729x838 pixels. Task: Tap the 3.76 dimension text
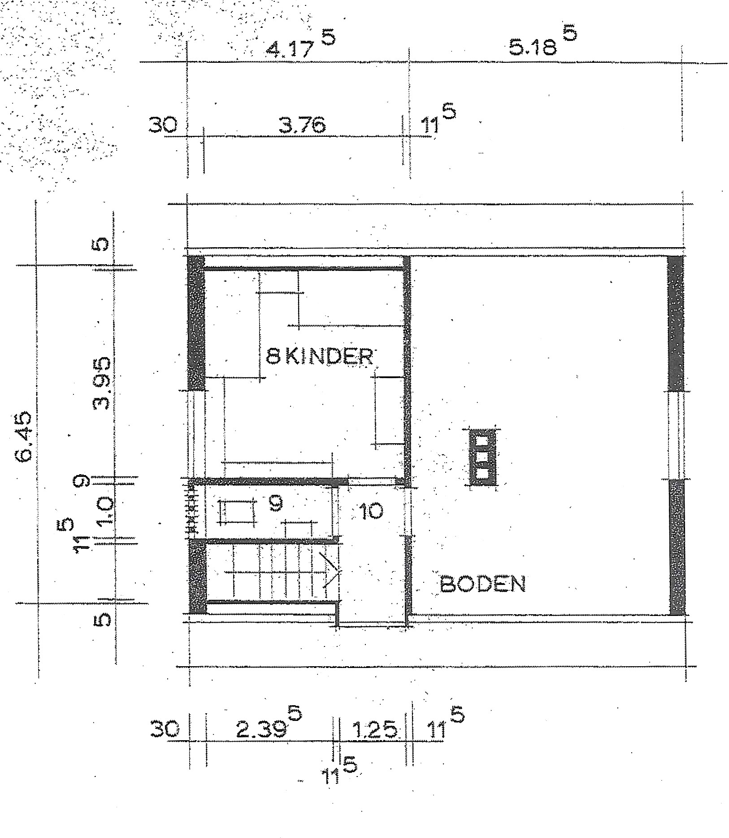coord(302,125)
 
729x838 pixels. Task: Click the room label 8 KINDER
coord(319,357)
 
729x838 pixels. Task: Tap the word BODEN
coord(483,584)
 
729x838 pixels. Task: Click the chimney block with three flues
coord(482,457)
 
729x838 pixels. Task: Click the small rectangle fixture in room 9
coord(237,511)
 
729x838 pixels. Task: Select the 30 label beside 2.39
coord(165,730)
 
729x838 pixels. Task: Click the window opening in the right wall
coord(677,435)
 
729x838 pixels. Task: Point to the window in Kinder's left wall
coord(196,433)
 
